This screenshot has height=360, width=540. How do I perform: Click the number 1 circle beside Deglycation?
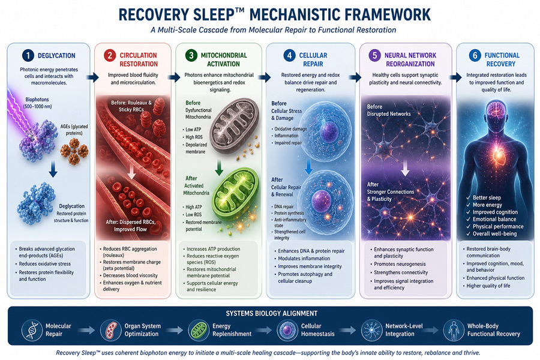point(28,55)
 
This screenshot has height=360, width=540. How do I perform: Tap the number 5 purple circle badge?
point(374,55)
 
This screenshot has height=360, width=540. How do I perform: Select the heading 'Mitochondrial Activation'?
point(224,59)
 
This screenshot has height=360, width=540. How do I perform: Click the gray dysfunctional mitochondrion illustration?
point(234,125)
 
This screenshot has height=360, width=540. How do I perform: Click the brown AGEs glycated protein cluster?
point(74,151)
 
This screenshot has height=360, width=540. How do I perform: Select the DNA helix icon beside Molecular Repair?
point(32,329)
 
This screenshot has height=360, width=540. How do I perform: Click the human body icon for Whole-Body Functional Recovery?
point(454,329)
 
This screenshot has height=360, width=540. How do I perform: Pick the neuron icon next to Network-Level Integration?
point(371,329)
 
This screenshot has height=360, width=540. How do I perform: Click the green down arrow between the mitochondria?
point(219,167)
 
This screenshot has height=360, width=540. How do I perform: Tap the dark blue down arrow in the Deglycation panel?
point(53,169)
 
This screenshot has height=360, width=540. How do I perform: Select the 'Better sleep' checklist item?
point(484,197)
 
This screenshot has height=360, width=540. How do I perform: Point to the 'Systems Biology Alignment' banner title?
point(272,313)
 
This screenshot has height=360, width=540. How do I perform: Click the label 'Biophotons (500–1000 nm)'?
point(37,103)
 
